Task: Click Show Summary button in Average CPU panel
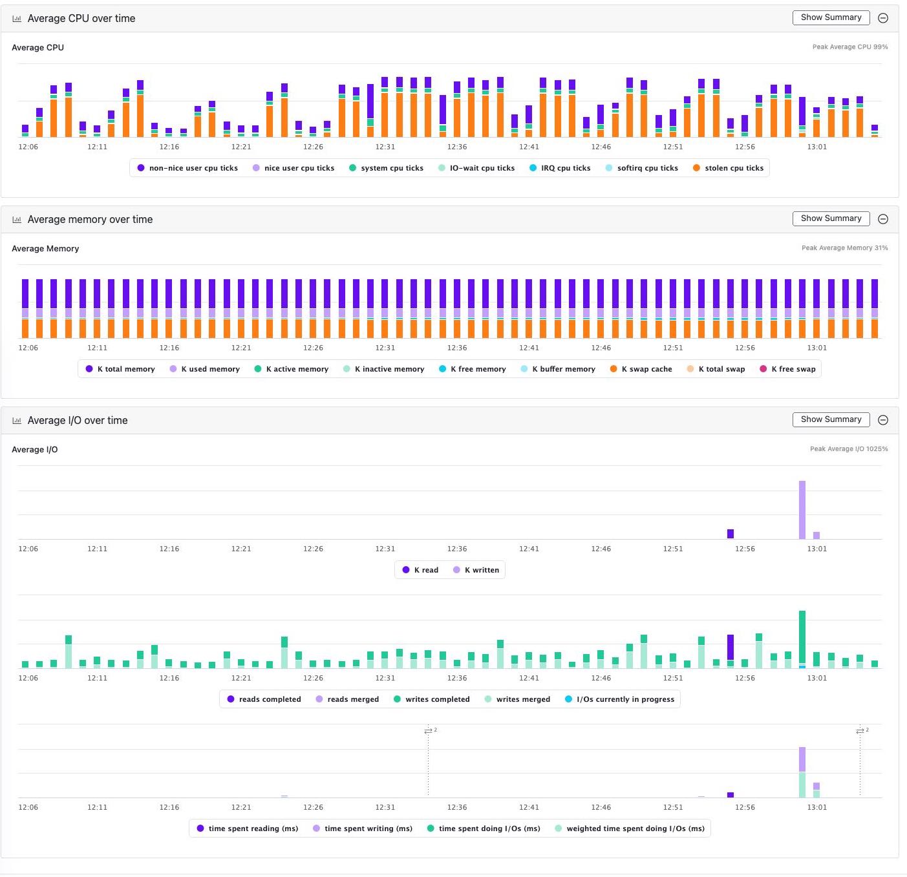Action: pyautogui.click(x=831, y=17)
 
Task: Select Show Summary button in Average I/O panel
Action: pyautogui.click(x=831, y=419)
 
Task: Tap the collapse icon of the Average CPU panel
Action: pyautogui.click(x=883, y=18)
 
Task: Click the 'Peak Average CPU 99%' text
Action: pyautogui.click(x=849, y=47)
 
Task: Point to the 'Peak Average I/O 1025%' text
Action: pyautogui.click(x=848, y=449)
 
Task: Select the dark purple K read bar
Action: pyautogui.click(x=731, y=534)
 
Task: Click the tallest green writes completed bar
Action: pyautogui.click(x=802, y=637)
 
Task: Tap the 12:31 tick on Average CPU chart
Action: pyautogui.click(x=385, y=147)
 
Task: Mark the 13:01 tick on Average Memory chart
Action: pyautogui.click(x=816, y=348)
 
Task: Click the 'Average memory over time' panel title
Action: pyautogui.click(x=90, y=220)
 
